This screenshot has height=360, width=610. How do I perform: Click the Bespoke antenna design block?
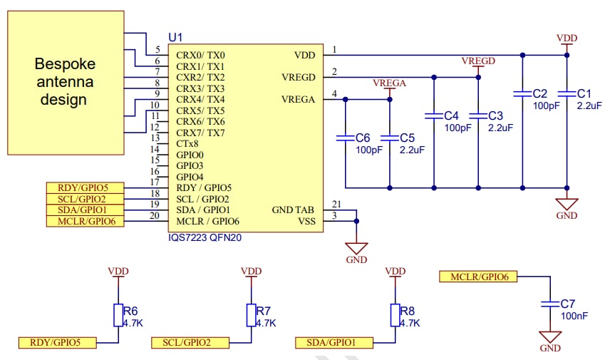point(63,82)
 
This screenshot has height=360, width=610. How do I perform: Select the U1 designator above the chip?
point(175,37)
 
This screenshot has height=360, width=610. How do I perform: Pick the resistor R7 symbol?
point(252,315)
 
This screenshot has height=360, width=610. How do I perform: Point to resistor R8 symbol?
point(394,315)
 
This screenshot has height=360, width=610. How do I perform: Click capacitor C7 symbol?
point(549,304)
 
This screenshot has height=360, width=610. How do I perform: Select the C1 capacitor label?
point(584,93)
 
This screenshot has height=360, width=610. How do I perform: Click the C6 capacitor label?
point(362,138)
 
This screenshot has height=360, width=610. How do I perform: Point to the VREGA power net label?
point(389,83)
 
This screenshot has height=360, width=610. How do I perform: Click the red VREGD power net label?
point(478,61)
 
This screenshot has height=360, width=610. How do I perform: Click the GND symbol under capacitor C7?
point(549,339)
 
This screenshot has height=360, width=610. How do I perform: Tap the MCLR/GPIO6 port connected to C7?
point(478,276)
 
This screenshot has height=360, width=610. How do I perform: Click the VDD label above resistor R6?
point(118,272)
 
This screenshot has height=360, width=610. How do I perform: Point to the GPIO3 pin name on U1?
point(190,165)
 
